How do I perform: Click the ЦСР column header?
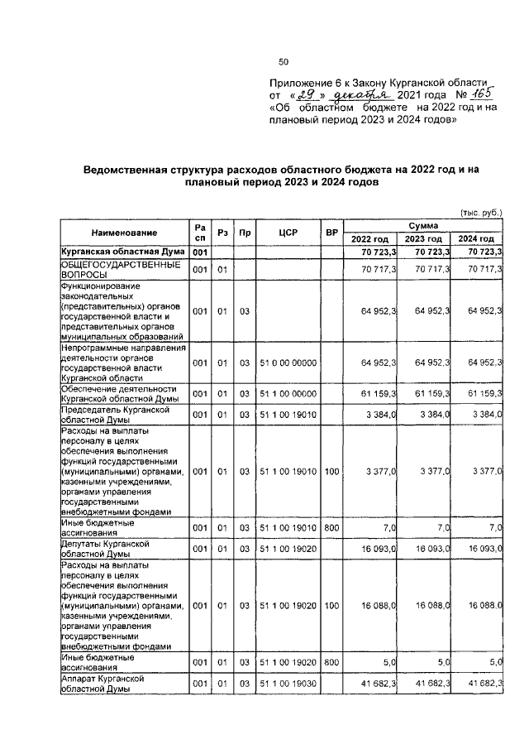[x=288, y=233]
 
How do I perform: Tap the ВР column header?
[x=331, y=233]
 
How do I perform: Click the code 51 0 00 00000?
[x=288, y=362]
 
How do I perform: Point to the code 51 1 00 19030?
[x=288, y=684]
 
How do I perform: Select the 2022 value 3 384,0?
[x=381, y=414]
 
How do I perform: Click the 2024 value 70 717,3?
[x=484, y=270]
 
